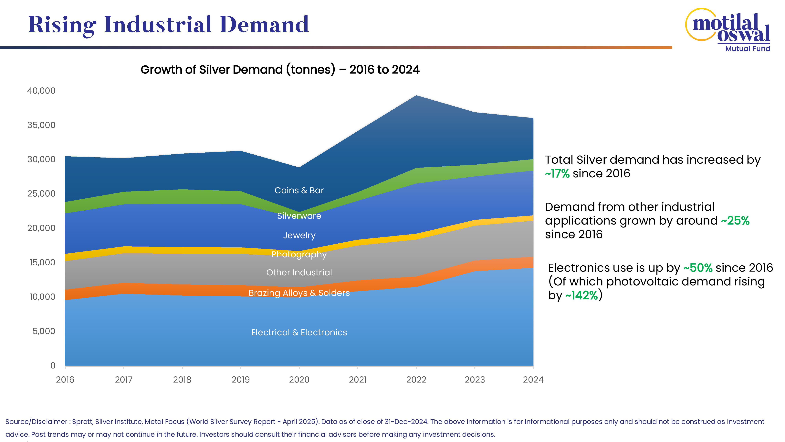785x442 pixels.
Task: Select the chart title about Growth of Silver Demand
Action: pyautogui.click(x=280, y=70)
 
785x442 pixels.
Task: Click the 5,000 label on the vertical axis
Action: pyautogui.click(x=44, y=331)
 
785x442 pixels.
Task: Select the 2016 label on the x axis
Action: pyautogui.click(x=65, y=380)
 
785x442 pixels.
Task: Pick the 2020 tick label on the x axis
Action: pyautogui.click(x=299, y=380)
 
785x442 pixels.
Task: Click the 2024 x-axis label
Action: pyautogui.click(x=533, y=380)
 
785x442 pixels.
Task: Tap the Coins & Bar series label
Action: pyautogui.click(x=299, y=190)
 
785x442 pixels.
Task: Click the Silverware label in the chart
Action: pyautogui.click(x=299, y=216)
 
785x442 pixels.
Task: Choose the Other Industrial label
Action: pyautogui.click(x=299, y=272)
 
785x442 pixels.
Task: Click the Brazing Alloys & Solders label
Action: pyautogui.click(x=299, y=293)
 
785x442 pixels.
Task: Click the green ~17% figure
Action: pyautogui.click(x=557, y=174)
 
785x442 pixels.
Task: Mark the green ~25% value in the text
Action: pyautogui.click(x=735, y=221)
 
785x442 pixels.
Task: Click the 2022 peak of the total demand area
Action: pyautogui.click(x=416, y=96)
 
